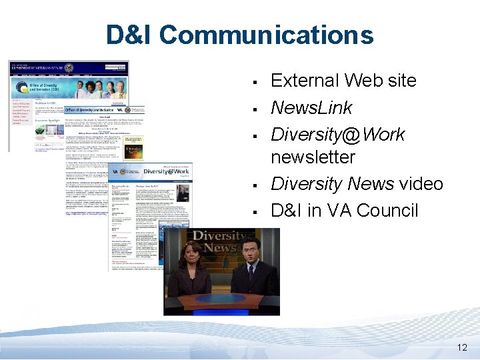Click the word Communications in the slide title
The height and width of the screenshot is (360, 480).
[x=267, y=35]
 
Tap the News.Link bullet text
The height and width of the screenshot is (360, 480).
[x=311, y=107]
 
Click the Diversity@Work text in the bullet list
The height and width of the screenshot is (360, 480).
[x=337, y=134]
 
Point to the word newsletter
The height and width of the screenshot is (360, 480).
[x=313, y=157]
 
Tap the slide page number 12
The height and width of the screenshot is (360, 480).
[x=462, y=347]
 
